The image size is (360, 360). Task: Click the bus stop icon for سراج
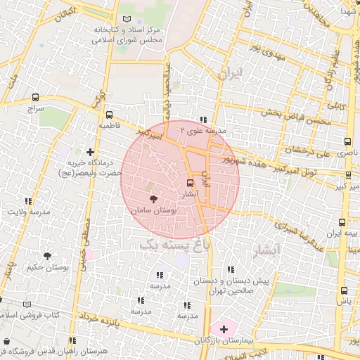(35, 98)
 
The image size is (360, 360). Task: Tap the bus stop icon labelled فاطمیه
(108, 115)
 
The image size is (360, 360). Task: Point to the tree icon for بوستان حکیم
(47, 257)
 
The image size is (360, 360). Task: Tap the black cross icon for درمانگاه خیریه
(89, 151)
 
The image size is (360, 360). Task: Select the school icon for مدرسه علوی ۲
(203, 120)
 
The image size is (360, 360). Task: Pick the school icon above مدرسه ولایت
(28, 201)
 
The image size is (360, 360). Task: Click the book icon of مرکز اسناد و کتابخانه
(126, 20)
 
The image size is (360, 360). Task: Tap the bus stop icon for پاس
(344, 290)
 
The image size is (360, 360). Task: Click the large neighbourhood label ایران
(230, 72)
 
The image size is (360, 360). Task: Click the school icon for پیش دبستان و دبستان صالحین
(231, 269)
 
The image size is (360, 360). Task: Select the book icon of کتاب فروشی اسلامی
(27, 304)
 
